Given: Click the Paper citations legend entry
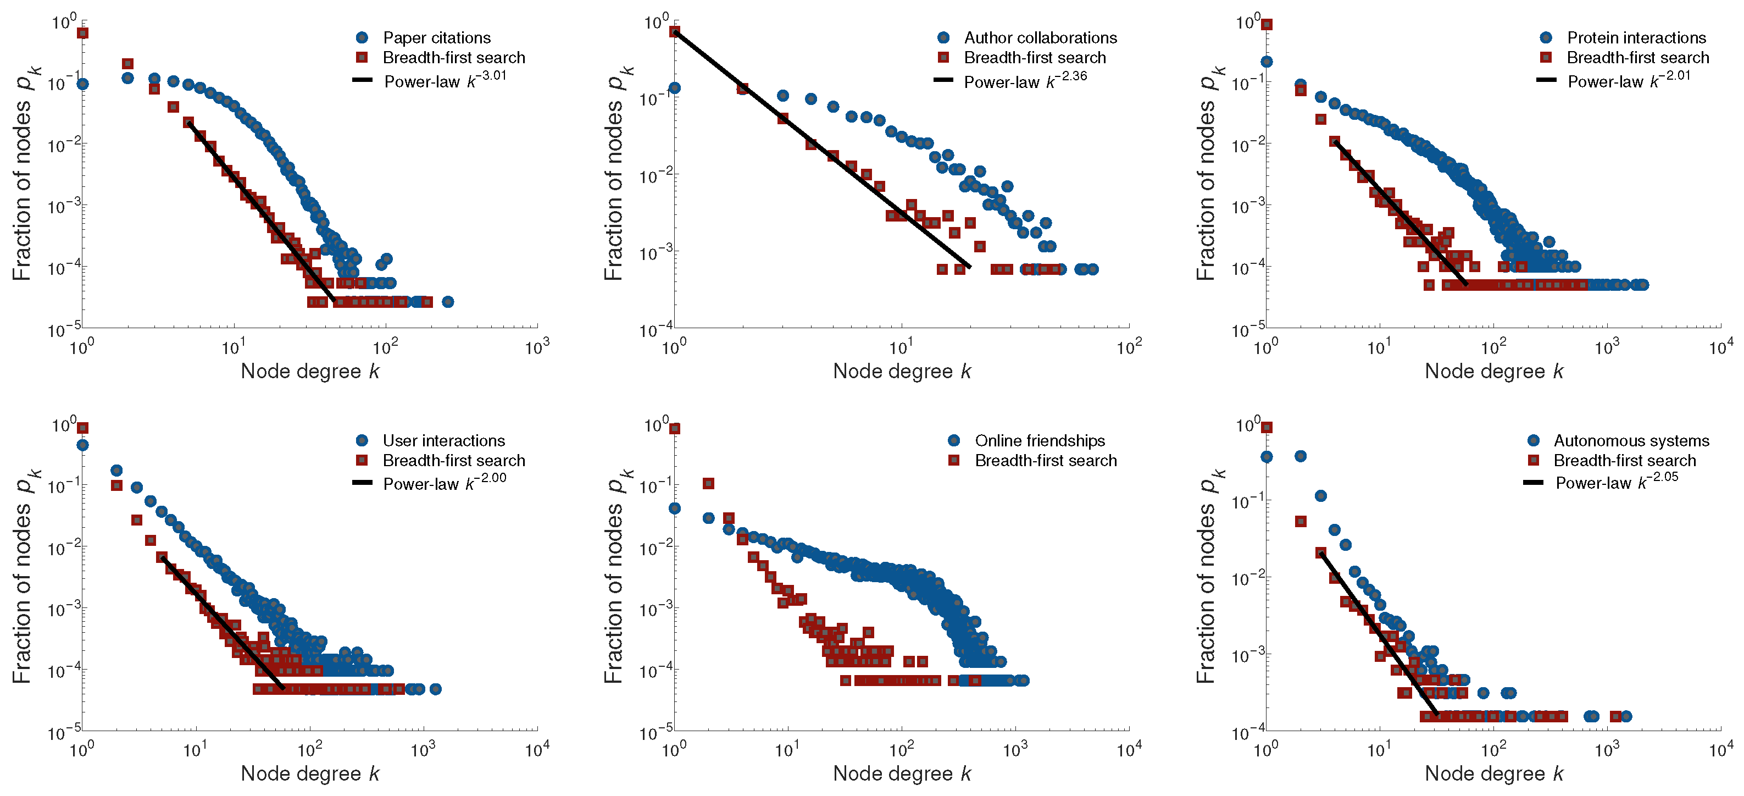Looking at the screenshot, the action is tap(437, 38).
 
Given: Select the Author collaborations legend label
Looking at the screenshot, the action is tap(1040, 38).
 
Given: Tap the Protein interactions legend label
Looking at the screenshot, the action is tap(1636, 38).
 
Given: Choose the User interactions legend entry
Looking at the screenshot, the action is tap(443, 441).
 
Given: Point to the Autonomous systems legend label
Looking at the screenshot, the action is tap(1631, 441).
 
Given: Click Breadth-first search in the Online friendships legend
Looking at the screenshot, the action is tap(1045, 461).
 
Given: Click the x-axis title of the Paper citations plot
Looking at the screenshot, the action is tap(310, 371).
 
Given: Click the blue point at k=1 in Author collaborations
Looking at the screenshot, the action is tap(674, 88).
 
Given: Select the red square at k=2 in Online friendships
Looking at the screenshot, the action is tap(708, 484).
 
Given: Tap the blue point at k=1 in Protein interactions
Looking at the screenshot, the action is tap(1266, 62).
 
